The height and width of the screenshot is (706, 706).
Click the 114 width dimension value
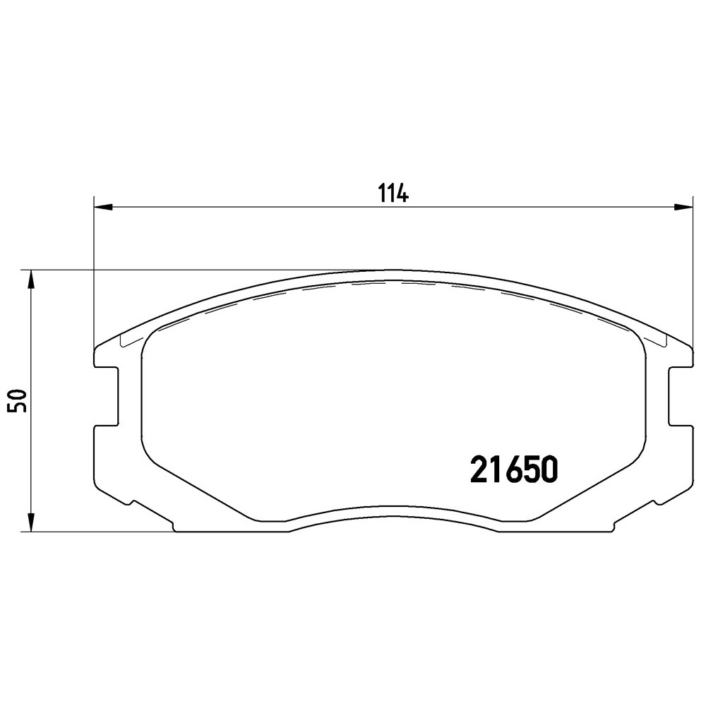click(x=394, y=193)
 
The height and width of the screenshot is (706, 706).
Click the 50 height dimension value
click(x=19, y=401)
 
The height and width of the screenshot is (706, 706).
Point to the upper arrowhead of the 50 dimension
click(x=30, y=280)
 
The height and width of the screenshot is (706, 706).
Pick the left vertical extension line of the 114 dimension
click(x=94, y=282)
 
